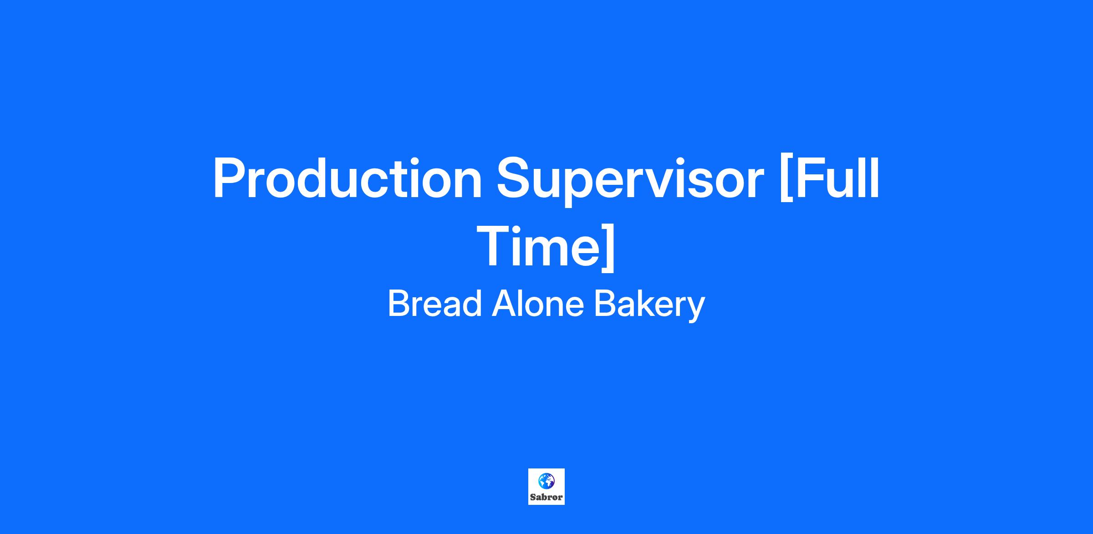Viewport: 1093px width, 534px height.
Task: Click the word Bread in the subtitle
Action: [x=434, y=303]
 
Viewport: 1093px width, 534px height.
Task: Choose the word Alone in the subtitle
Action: [x=538, y=303]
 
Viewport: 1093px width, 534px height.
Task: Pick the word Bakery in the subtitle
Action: [x=649, y=306]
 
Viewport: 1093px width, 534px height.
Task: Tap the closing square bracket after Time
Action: [x=608, y=249]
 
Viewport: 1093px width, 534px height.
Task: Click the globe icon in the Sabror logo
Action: [x=546, y=481]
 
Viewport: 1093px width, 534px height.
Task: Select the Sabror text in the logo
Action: [x=546, y=497]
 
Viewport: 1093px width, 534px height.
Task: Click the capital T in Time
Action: [x=495, y=246]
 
